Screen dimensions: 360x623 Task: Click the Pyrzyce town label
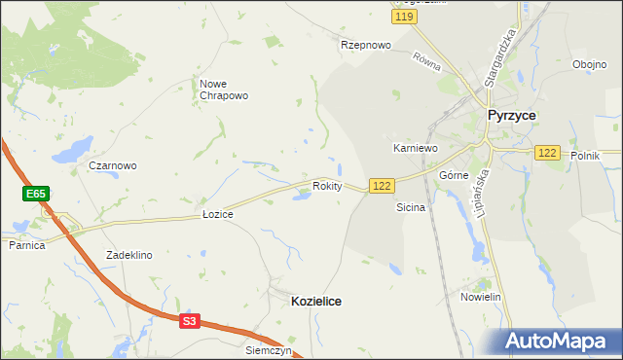click(x=511, y=115)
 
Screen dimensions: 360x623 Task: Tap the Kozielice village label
click(x=316, y=302)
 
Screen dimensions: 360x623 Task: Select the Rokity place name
click(x=327, y=186)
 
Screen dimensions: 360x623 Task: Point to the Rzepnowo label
click(x=365, y=45)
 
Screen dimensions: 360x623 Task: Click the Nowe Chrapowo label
click(x=224, y=90)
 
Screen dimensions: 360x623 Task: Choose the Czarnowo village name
click(x=113, y=165)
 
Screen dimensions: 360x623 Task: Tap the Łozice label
click(x=217, y=213)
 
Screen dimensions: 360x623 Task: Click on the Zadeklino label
click(x=129, y=255)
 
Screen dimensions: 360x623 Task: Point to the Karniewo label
click(x=416, y=148)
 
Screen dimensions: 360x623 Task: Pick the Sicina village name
click(x=411, y=208)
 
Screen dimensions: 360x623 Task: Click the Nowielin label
click(x=481, y=297)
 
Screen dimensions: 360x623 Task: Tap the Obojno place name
click(x=590, y=65)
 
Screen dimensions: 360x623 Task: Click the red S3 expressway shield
click(x=189, y=320)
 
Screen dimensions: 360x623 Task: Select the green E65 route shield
click(x=36, y=195)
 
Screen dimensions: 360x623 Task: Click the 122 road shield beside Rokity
click(x=382, y=186)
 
